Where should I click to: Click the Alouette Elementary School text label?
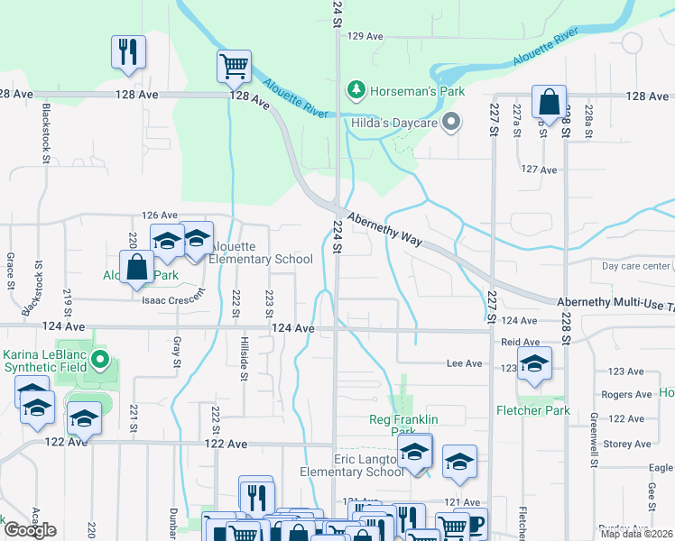pos(261,253)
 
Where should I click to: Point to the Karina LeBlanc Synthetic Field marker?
pos(101,362)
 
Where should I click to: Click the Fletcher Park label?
pos(532,410)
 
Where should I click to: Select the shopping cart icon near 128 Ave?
pos(234,66)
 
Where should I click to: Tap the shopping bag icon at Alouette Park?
pos(136,268)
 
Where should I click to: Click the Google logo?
pos(30,529)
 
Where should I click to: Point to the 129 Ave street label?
pos(365,36)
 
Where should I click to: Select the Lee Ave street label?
pos(465,362)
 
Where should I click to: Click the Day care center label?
pos(637,266)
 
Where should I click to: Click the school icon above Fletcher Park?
pos(534,364)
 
